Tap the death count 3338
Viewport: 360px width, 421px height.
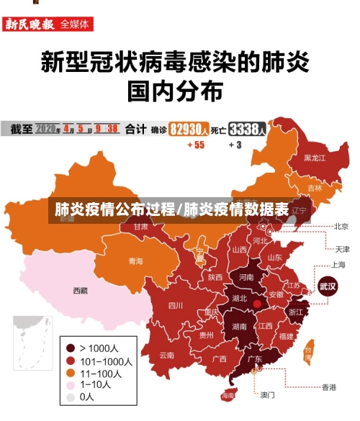(x=247, y=130)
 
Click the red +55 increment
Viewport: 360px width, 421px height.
(x=195, y=145)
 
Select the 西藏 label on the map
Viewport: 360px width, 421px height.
(x=80, y=291)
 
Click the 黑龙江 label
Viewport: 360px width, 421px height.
(x=315, y=157)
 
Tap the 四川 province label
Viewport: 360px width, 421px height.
(x=176, y=305)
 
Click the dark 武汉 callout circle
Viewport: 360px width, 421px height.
(x=328, y=285)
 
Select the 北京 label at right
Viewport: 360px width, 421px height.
(x=341, y=226)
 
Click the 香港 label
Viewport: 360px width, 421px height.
(x=328, y=387)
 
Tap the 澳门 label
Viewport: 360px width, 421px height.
(x=267, y=394)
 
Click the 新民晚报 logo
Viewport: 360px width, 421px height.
(x=29, y=24)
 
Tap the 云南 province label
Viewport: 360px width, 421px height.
(x=167, y=355)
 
